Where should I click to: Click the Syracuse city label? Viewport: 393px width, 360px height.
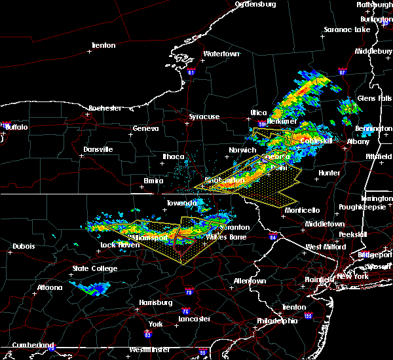pos(204,117)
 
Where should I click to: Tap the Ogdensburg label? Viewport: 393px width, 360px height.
pos(255,4)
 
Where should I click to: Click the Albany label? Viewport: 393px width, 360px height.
pos(358,141)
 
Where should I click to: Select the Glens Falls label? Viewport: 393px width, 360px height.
pos(375,98)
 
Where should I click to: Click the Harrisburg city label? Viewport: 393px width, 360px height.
pos(155,302)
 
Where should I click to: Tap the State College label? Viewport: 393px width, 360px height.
pos(95,268)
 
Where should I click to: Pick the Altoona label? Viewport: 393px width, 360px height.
pos(49,287)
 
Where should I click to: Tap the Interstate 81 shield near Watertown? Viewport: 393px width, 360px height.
pos(191,71)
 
